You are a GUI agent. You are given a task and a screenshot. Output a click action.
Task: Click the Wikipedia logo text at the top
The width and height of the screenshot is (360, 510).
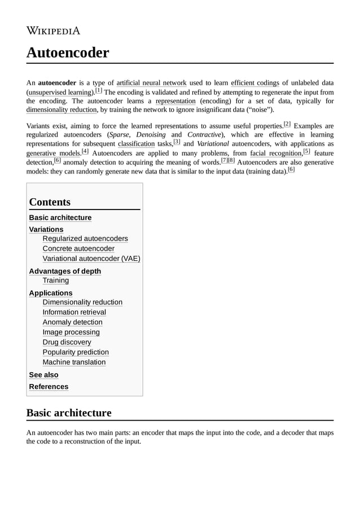point(53,30)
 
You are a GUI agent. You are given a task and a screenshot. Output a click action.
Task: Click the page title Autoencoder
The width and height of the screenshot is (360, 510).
point(67,53)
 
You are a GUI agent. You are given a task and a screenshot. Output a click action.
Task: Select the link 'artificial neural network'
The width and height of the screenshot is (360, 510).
point(151,83)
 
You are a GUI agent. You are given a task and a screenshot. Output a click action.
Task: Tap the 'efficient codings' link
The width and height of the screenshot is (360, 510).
point(254,83)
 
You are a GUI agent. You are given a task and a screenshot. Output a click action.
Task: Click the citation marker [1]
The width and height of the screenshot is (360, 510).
point(99,90)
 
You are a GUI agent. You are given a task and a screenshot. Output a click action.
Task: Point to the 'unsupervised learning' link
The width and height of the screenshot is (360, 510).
point(60,92)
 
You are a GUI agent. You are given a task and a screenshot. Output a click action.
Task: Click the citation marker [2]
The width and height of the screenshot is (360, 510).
point(287,124)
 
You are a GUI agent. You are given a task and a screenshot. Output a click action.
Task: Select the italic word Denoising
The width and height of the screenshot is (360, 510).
point(151,135)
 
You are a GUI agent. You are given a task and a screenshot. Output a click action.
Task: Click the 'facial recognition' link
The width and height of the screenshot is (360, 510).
point(276,153)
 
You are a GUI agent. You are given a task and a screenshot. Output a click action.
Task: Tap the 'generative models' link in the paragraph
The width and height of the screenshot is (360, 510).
point(54,153)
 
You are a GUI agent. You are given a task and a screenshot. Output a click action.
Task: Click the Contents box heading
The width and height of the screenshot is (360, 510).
point(50,202)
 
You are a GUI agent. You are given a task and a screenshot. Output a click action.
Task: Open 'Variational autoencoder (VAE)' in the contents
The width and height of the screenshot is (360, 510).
point(91,259)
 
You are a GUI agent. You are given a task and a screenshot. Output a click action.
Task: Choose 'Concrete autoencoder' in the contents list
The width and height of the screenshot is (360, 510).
point(78,249)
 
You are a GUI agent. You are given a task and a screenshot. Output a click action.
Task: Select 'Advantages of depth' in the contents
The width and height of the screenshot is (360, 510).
point(65,271)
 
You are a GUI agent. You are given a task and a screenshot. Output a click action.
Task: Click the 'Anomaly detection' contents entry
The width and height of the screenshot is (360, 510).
point(72,322)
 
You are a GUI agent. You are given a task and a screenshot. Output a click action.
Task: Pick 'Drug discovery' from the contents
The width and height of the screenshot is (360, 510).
point(67,342)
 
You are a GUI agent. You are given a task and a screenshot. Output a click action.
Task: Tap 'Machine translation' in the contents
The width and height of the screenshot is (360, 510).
point(74,362)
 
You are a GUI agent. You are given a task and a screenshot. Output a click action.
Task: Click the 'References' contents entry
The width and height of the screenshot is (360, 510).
point(49,386)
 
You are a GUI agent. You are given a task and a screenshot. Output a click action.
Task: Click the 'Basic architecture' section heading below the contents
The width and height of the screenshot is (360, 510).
point(69,413)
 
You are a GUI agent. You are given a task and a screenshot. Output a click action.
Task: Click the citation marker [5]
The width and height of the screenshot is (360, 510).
point(306,151)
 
